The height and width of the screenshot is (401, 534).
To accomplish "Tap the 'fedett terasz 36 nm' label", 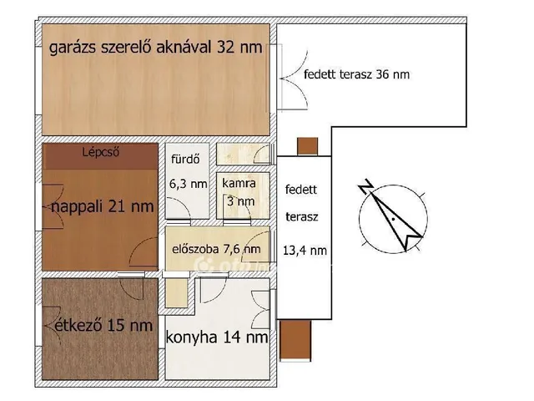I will coord(357,74).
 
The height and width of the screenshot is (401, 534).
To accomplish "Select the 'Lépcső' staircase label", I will coord(103,153).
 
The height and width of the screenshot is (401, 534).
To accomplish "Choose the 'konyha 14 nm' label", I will coord(218,338).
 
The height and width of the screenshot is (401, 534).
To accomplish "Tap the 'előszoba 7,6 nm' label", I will coord(215,249).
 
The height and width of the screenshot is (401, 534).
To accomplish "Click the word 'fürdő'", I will coord(184,159).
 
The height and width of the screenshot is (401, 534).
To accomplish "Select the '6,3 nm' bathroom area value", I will coord(188,184).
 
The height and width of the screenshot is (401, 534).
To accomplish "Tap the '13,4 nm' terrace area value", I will coord(305,250).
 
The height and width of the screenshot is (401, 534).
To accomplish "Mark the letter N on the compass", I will coord(364,189).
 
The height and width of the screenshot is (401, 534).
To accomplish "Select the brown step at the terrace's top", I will coord(308,146).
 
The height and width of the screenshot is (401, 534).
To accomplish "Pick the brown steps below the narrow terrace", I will coord(298,340).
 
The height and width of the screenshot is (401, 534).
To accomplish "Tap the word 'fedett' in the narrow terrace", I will coord(300,190).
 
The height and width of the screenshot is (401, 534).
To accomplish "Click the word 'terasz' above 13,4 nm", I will coord(300,216).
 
